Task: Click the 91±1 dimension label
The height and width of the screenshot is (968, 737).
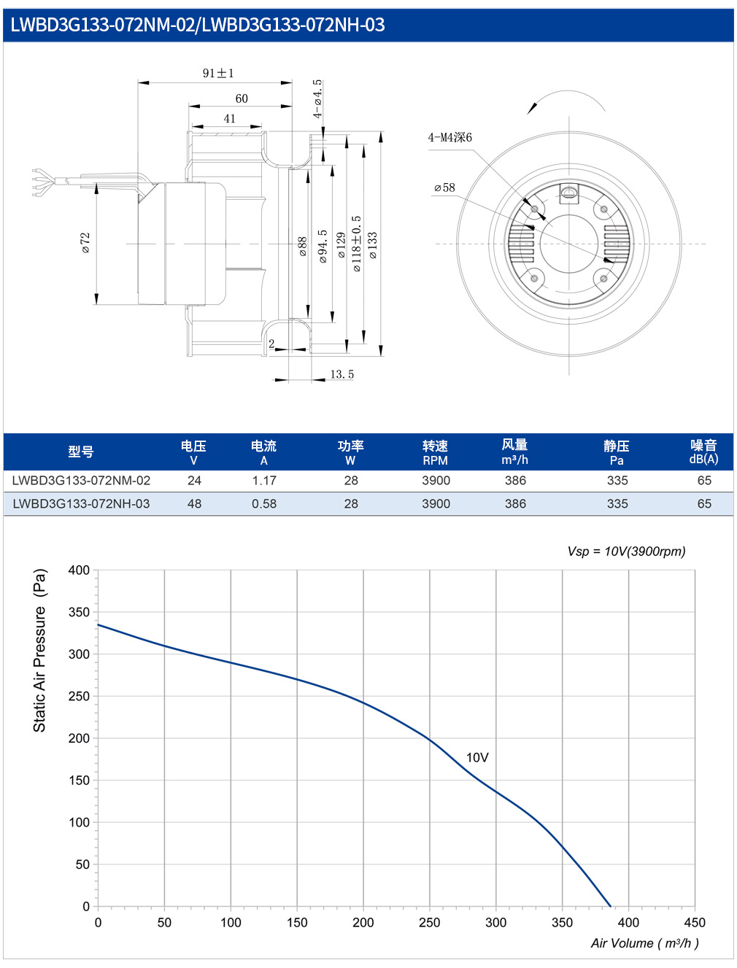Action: click(x=218, y=73)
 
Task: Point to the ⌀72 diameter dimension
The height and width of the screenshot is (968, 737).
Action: click(x=85, y=243)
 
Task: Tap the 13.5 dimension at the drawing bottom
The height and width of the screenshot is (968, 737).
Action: click(x=342, y=374)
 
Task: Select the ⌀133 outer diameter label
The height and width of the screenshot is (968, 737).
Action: click(x=373, y=245)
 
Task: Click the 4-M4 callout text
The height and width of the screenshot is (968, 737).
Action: click(x=449, y=138)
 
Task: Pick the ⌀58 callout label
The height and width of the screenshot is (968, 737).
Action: click(x=444, y=188)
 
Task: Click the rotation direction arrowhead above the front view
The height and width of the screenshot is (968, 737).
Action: click(x=533, y=108)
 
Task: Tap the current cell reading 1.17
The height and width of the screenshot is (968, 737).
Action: click(x=263, y=480)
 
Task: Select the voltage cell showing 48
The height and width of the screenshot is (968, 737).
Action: click(x=194, y=503)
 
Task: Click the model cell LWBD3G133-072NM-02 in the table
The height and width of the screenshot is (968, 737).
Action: click(x=81, y=480)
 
